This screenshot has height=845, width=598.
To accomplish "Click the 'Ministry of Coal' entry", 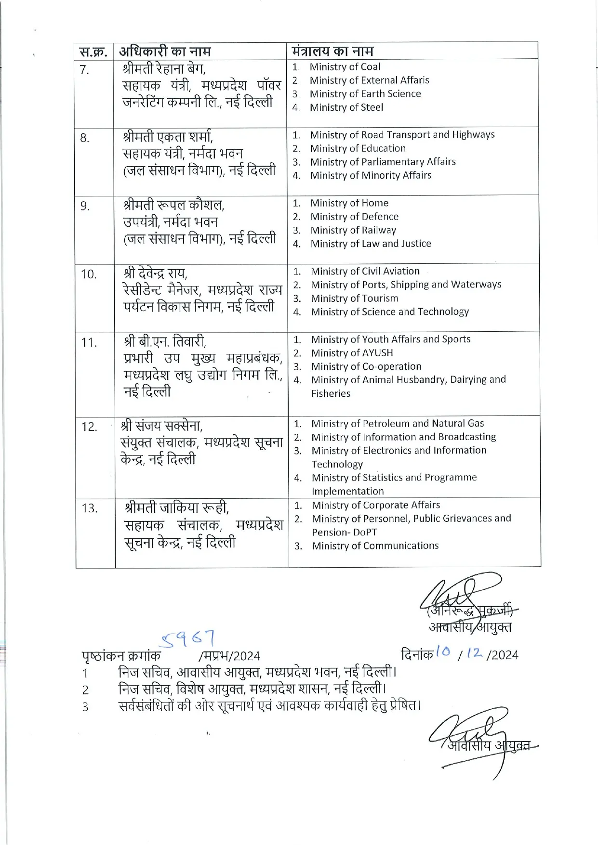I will tap(345, 67).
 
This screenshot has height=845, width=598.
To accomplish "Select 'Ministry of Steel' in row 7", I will tap(346, 107).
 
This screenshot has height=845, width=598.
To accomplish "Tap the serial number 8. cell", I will tap(85, 139).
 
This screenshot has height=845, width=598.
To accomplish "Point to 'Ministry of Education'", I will tap(358, 148).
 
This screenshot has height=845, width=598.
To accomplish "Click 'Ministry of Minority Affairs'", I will tap(371, 175).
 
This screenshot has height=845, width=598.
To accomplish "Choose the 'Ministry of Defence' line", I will tap(354, 217).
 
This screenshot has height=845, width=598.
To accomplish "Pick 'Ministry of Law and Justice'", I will tap(371, 244).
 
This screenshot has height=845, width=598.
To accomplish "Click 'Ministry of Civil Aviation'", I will tap(365, 271).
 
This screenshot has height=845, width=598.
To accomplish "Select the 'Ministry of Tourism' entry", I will tap(354, 299).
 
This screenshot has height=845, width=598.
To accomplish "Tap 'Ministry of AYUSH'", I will tap(352, 353).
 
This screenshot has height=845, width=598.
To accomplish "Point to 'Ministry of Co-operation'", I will tap(366, 366).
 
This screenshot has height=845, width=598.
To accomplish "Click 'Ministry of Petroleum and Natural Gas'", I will tap(397, 424).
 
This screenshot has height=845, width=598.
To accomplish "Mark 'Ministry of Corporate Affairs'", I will tap(375, 505).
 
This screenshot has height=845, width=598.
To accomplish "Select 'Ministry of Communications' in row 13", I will tap(375, 546).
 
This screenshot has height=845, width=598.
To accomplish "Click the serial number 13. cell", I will tap(90, 508).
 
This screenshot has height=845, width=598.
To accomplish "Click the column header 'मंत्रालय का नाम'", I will tap(332, 51).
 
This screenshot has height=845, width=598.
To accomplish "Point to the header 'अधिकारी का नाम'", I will tap(165, 51).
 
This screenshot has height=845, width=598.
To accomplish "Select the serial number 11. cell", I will tap(89, 343).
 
